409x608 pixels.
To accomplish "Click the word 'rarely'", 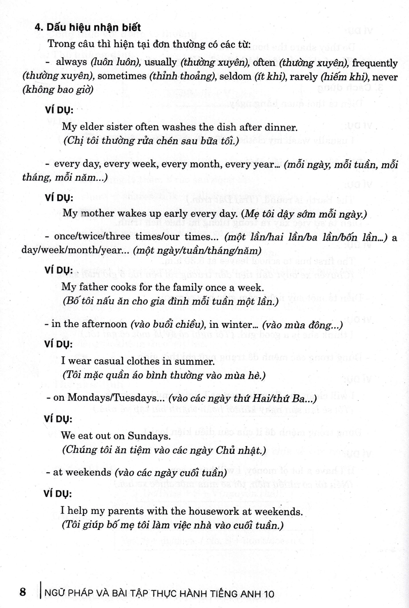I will coord(304,76).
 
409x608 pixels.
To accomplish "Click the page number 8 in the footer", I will coord(22,591).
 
